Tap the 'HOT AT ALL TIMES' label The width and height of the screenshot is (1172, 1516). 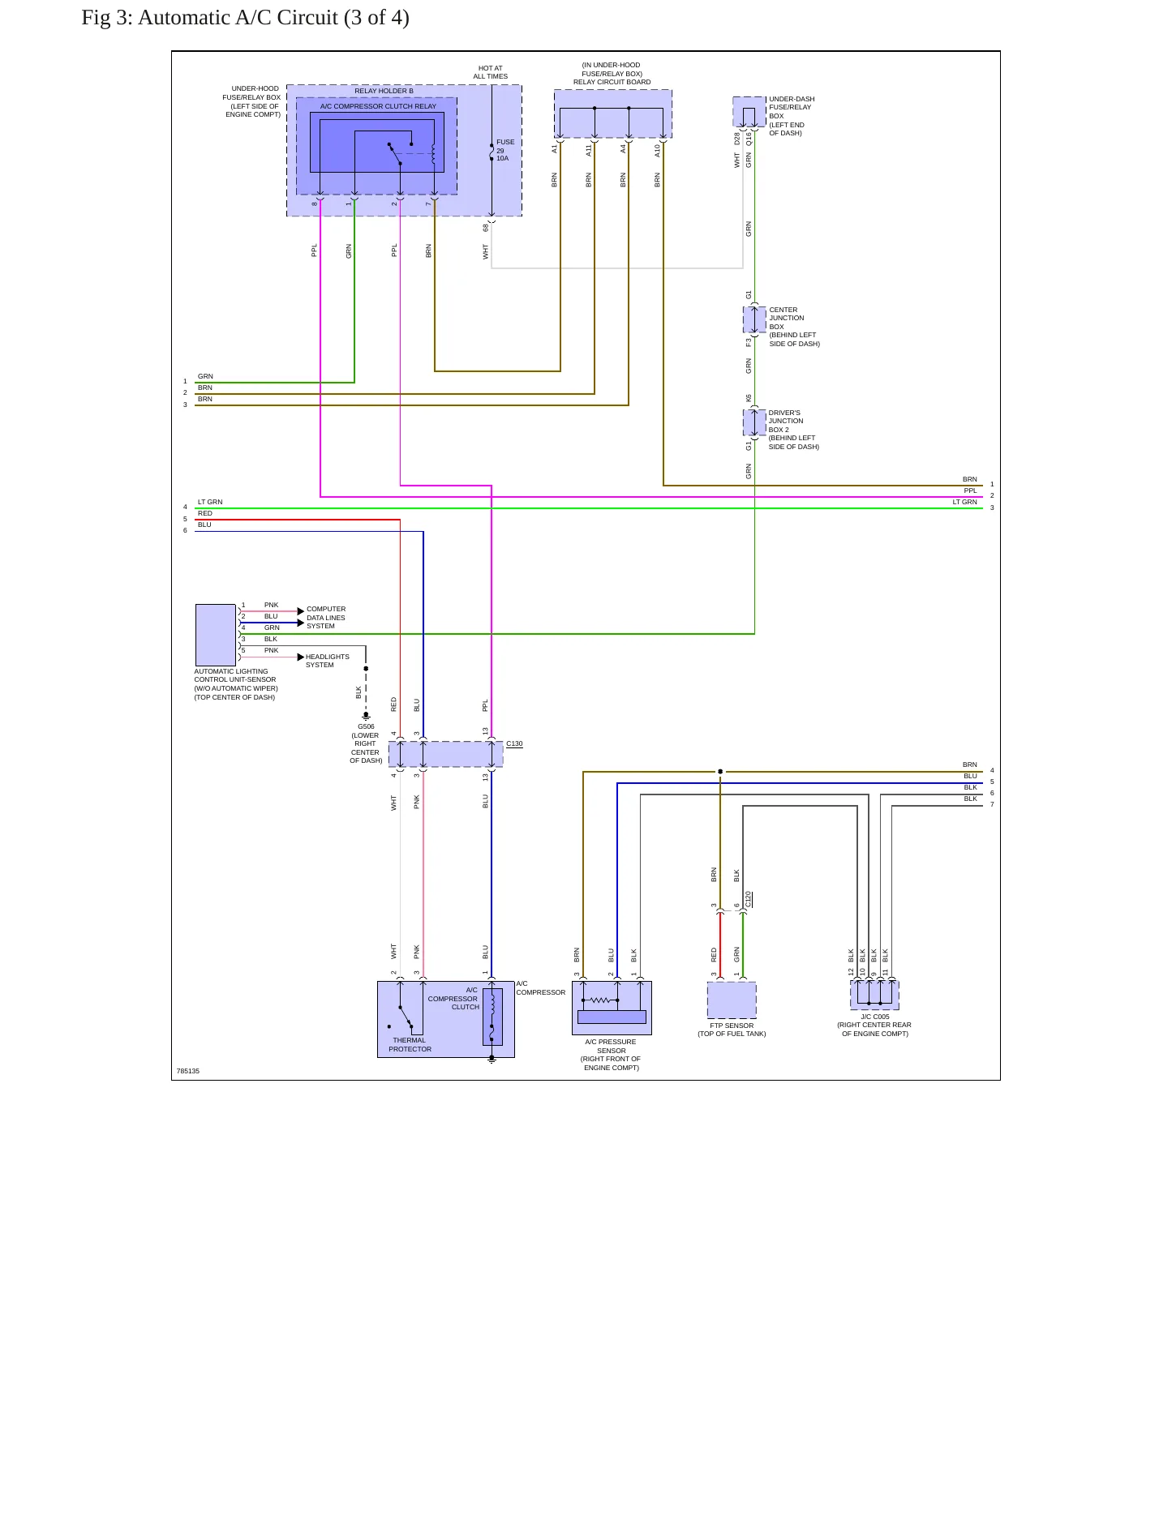tap(491, 73)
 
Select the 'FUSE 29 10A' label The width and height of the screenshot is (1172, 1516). tap(505, 150)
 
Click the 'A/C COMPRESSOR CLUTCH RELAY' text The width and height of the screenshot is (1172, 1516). tap(378, 106)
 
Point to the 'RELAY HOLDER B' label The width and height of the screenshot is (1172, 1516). tap(384, 91)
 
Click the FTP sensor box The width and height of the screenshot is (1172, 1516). tap(732, 1000)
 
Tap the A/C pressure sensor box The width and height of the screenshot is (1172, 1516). tap(612, 1008)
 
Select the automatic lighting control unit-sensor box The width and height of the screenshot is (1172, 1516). tap(216, 635)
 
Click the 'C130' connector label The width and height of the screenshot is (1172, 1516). tap(514, 743)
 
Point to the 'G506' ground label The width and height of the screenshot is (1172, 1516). tap(366, 726)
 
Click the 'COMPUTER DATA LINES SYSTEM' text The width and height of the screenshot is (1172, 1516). tap(326, 618)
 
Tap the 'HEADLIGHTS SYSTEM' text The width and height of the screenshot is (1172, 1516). tap(328, 661)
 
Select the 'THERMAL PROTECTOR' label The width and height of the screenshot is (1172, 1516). tap(410, 1045)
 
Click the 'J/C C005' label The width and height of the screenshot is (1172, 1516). tap(875, 1017)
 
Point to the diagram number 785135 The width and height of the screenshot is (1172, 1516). tap(188, 1071)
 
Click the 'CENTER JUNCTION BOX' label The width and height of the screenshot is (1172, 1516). tap(783, 318)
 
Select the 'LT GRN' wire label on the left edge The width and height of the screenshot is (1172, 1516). tap(210, 502)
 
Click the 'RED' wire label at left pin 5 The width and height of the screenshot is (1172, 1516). tap(205, 513)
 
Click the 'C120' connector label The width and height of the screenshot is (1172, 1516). tap(749, 899)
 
